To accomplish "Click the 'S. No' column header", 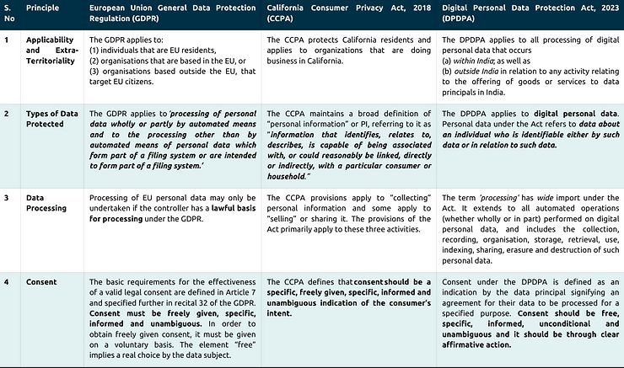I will (x=9, y=13).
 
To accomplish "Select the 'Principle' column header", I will (x=42, y=8).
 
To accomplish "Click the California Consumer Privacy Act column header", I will (x=347, y=13).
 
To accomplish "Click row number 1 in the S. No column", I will (x=6, y=39).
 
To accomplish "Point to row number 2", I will (x=7, y=113).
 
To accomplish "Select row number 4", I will (x=7, y=282).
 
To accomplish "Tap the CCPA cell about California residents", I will (x=347, y=50).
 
